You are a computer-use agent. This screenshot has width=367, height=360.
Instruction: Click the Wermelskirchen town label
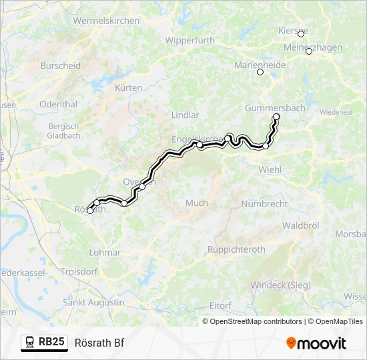point(107,21)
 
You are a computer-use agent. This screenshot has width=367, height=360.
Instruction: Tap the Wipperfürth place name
point(190,40)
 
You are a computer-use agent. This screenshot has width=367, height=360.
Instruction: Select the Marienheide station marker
point(260,72)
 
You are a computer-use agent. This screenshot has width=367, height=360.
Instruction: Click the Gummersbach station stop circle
point(276,117)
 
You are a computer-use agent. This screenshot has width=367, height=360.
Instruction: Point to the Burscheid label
point(60,66)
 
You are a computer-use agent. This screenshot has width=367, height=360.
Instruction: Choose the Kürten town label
point(129,88)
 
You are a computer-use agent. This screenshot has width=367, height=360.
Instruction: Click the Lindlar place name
point(186,115)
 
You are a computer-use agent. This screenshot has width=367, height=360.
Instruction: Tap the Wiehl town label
point(270,169)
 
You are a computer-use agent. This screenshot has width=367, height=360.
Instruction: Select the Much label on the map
point(197,203)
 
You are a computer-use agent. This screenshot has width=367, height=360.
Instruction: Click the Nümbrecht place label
point(264,203)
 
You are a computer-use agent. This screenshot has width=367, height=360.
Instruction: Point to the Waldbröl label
point(299,226)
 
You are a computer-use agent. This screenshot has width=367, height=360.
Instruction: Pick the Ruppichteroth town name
point(237,250)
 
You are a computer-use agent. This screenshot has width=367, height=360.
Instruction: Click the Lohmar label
point(105,253)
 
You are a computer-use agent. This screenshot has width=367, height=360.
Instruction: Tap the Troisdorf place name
point(79,272)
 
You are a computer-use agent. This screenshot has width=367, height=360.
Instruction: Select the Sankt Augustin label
point(93,302)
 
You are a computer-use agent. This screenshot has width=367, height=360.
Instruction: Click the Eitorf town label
point(220,305)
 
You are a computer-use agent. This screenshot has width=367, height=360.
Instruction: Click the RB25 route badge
point(45,342)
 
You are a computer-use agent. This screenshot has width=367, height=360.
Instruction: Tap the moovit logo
point(316,343)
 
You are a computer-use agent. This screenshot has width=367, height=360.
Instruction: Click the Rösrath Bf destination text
point(99,343)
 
